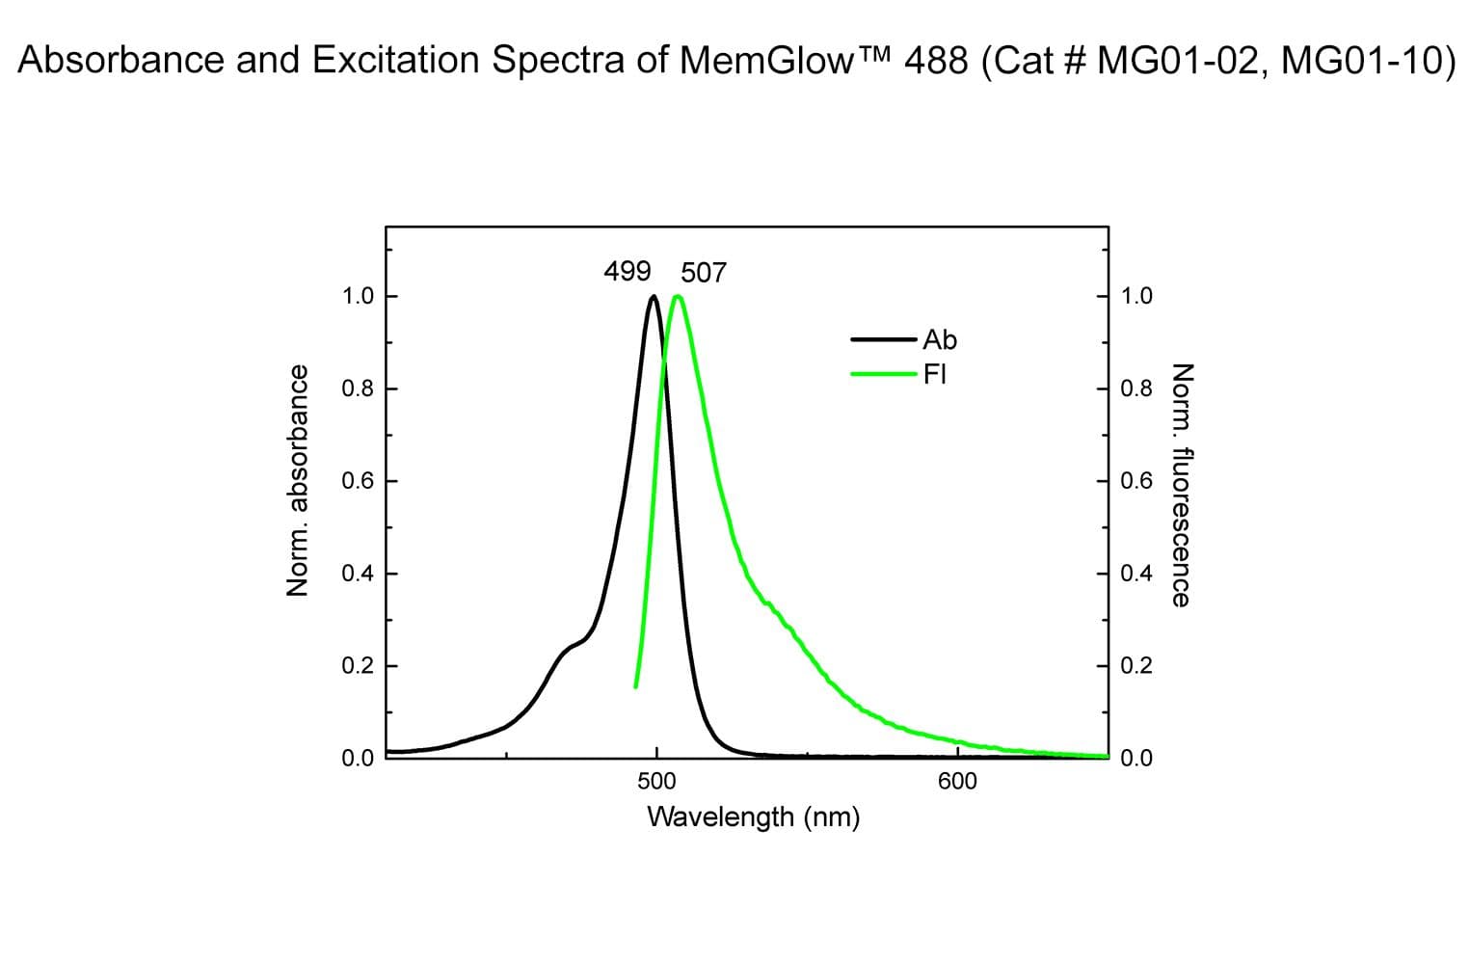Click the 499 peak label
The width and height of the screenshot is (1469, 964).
(x=627, y=271)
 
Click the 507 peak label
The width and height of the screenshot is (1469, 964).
(x=704, y=273)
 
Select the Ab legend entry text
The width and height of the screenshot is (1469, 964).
(x=940, y=339)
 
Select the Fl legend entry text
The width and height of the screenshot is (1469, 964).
(x=934, y=374)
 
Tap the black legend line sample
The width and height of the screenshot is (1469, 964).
(x=883, y=339)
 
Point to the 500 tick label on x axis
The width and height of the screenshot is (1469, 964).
(x=656, y=782)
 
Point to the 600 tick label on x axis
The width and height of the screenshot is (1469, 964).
(x=957, y=782)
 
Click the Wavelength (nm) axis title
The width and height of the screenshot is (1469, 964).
(x=753, y=817)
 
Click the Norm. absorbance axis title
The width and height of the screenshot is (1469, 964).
(x=299, y=480)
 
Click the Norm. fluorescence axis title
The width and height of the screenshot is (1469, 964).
(x=1181, y=484)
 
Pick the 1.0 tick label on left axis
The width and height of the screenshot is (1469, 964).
(x=358, y=296)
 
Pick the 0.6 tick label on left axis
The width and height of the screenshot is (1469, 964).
(x=358, y=481)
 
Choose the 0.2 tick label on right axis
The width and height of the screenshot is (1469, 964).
(x=1136, y=666)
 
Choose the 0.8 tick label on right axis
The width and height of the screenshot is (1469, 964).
(x=1136, y=388)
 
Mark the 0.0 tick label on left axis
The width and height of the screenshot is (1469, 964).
(x=358, y=758)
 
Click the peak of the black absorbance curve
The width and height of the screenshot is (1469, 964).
(x=654, y=297)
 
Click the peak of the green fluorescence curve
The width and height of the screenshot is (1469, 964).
(x=678, y=297)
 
